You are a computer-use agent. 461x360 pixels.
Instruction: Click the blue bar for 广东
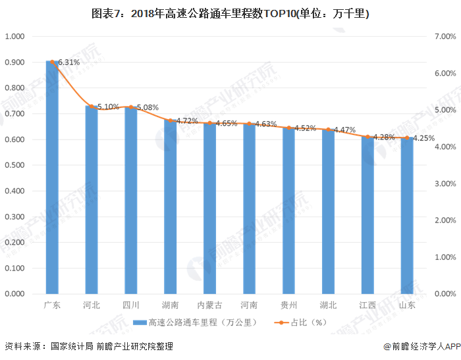[x=52, y=178]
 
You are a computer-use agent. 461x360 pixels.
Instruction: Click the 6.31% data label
[x=69, y=63]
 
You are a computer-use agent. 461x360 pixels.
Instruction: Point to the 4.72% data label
[x=188, y=121]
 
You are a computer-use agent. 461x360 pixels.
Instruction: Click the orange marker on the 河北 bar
[x=92, y=106]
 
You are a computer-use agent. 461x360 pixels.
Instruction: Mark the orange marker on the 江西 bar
[x=367, y=137]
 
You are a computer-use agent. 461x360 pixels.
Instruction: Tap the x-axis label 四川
[x=131, y=305]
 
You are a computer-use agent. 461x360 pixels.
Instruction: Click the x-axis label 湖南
[x=170, y=305]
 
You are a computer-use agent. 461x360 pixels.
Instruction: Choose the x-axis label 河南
[x=249, y=305]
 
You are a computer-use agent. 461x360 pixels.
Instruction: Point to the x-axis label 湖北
[x=328, y=305]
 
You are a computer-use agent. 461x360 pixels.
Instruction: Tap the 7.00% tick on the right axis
[x=445, y=37]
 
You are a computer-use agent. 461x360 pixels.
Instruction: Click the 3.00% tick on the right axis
[x=445, y=184]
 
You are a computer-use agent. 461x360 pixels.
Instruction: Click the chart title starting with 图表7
[x=230, y=13]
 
